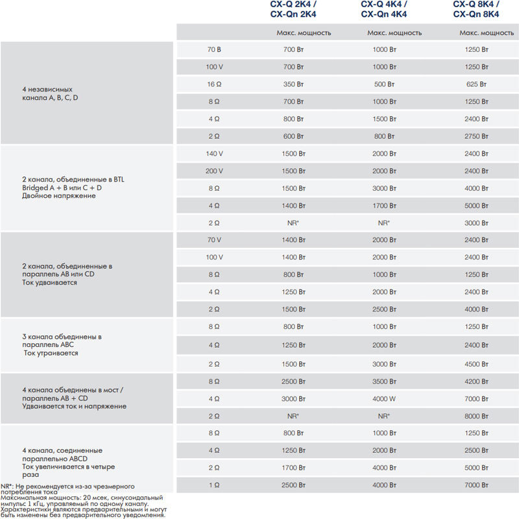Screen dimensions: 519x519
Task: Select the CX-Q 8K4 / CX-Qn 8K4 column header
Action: click(476, 9)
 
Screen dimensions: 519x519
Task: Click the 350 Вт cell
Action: click(293, 84)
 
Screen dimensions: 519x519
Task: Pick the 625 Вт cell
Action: click(476, 84)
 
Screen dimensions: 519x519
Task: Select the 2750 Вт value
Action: click(476, 136)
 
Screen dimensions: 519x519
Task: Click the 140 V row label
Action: click(214, 154)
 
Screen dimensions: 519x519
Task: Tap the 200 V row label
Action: click(214, 171)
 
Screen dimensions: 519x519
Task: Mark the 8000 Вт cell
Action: click(476, 416)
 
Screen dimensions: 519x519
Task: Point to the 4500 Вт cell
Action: click(476, 364)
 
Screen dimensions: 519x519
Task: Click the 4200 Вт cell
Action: click(476, 381)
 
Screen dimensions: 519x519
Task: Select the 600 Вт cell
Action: click(293, 136)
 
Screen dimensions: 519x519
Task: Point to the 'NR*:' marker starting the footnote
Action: click(7, 486)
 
